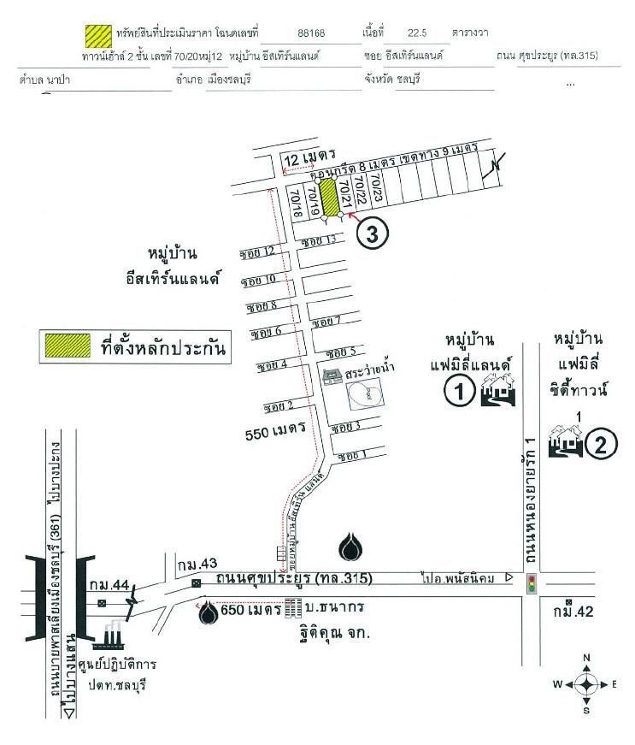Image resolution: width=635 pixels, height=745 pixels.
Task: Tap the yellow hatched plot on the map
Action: coord(329,198)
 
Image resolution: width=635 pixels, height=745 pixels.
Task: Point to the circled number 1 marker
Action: coord(459,392)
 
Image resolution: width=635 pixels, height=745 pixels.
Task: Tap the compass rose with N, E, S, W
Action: coord(585,684)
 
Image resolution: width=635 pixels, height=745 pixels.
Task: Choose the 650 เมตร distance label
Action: coord(250,611)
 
